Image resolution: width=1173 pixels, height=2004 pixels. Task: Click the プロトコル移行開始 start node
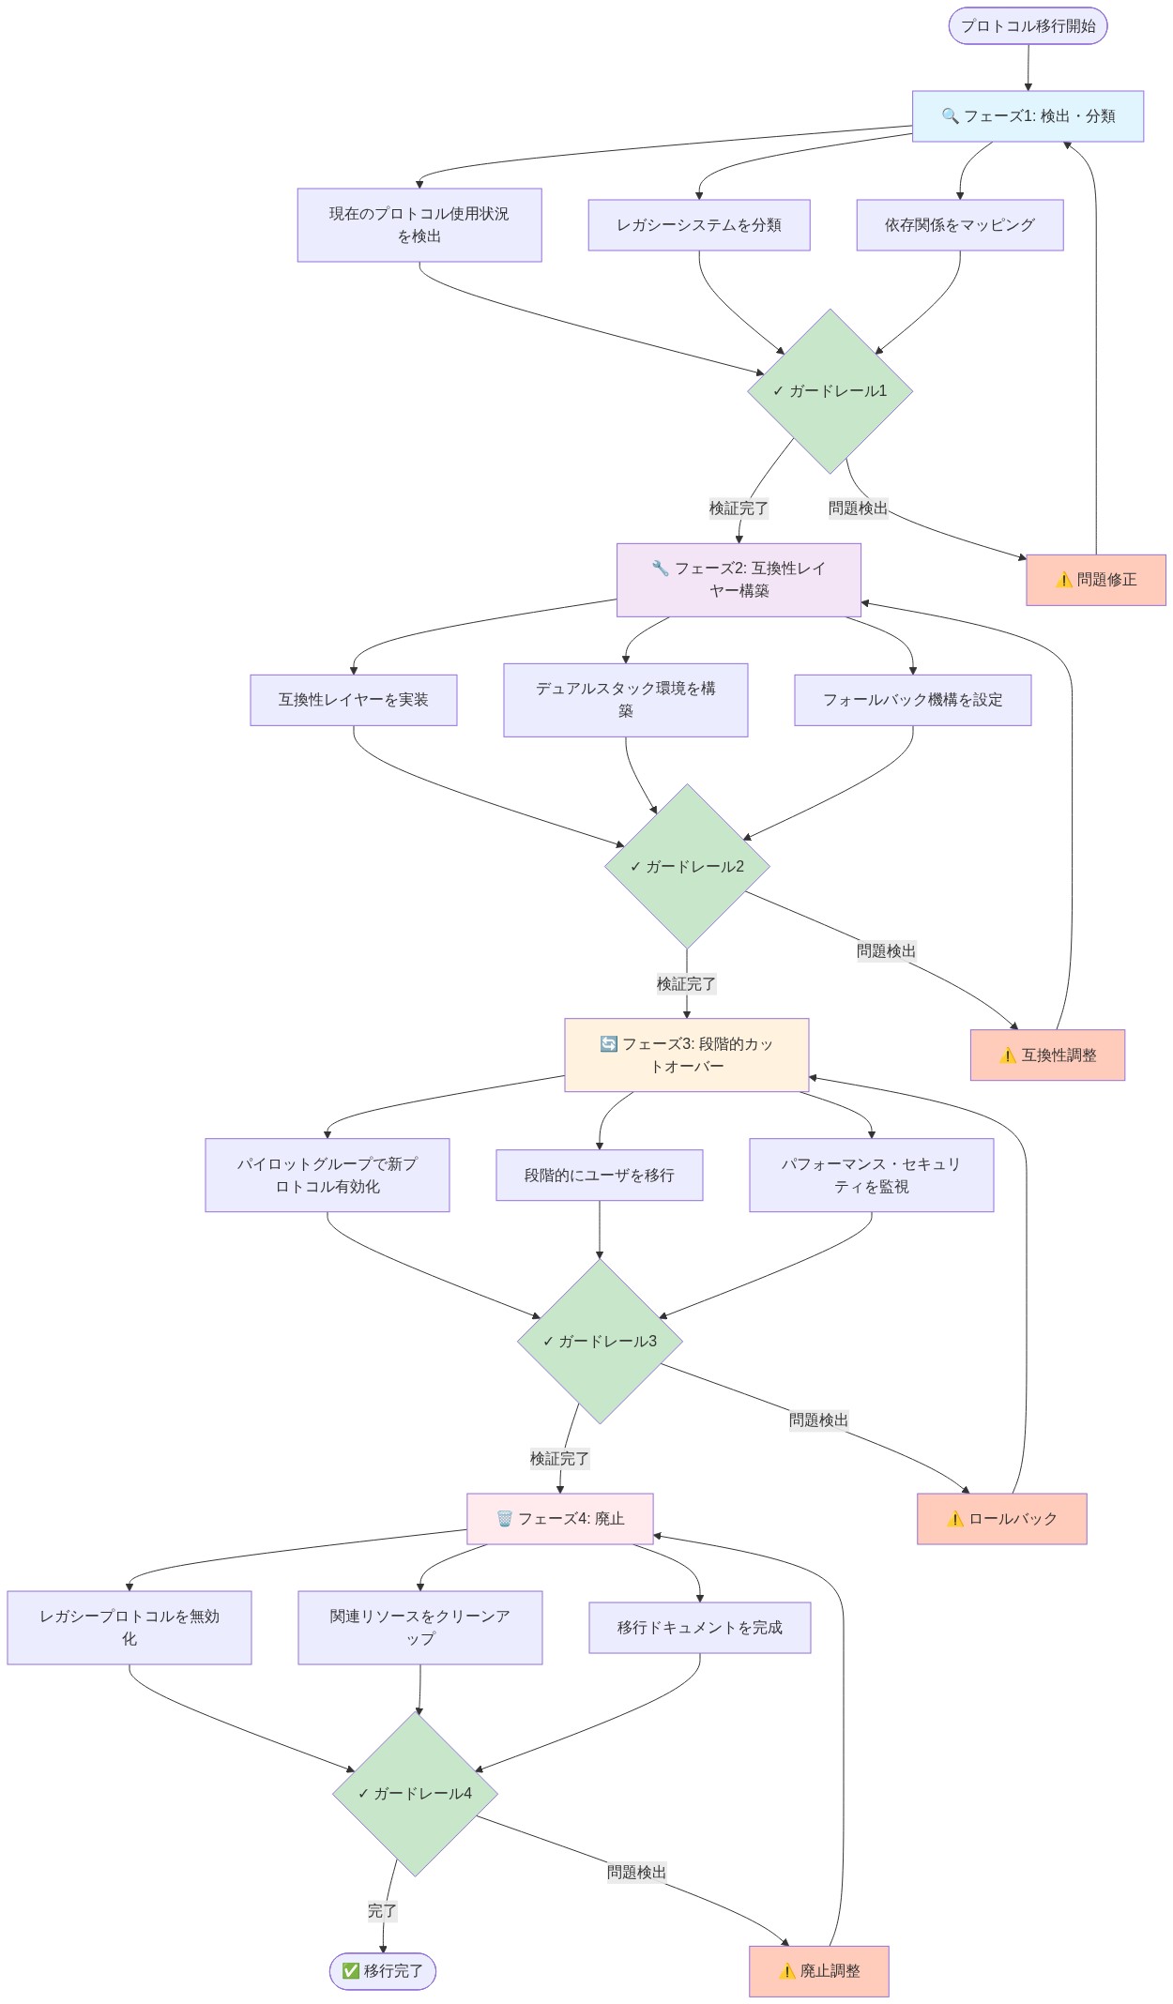(x=1028, y=26)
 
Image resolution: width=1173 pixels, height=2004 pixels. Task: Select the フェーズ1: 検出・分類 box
(x=1028, y=116)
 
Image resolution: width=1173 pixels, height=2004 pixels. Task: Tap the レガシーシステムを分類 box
(x=698, y=225)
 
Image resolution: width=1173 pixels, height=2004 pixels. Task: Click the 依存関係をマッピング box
(x=959, y=225)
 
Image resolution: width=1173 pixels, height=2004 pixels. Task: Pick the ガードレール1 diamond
(x=830, y=391)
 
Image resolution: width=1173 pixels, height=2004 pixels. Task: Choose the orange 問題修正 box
(x=1095, y=580)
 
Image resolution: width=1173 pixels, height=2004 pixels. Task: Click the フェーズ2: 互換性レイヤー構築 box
(x=739, y=580)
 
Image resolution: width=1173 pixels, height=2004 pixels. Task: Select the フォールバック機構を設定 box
(x=912, y=700)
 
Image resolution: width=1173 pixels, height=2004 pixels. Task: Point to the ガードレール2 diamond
(x=687, y=866)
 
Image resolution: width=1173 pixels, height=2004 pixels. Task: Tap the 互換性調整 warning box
(x=1047, y=1055)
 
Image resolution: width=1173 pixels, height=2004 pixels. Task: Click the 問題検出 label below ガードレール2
(x=886, y=951)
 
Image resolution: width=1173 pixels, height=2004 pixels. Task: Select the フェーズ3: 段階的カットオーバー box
(x=686, y=1055)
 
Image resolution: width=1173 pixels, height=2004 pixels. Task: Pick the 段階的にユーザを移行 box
(x=599, y=1176)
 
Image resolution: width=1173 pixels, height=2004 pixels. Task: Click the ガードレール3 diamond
(x=600, y=1342)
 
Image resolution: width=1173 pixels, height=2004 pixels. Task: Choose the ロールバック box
(x=1001, y=1519)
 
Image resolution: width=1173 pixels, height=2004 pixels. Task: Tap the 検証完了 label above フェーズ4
(x=559, y=1459)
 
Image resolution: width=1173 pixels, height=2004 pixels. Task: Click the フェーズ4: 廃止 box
(x=559, y=1519)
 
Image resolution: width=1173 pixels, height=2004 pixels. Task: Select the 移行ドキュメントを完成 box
(x=699, y=1628)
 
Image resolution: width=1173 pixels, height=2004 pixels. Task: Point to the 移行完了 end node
(x=382, y=1971)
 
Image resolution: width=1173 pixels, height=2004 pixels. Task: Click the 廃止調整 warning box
(x=818, y=1971)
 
